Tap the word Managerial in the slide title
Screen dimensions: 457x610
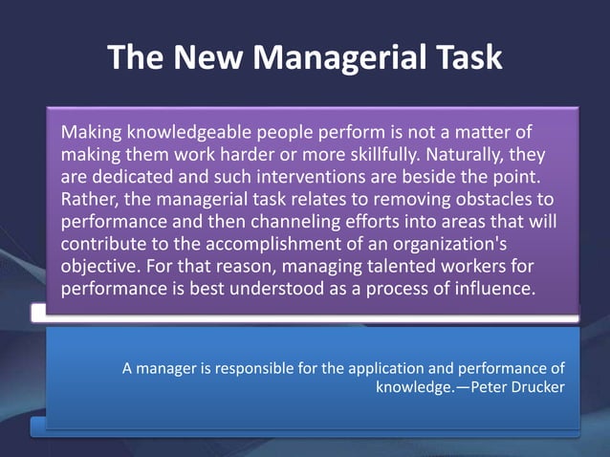click(339, 57)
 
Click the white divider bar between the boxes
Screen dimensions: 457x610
click(305, 312)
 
